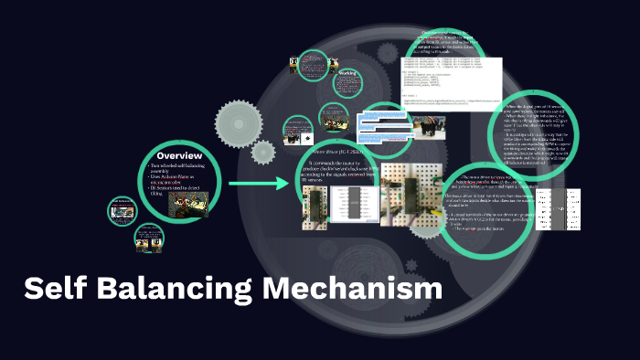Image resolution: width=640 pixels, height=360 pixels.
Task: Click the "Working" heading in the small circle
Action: point(347,72)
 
